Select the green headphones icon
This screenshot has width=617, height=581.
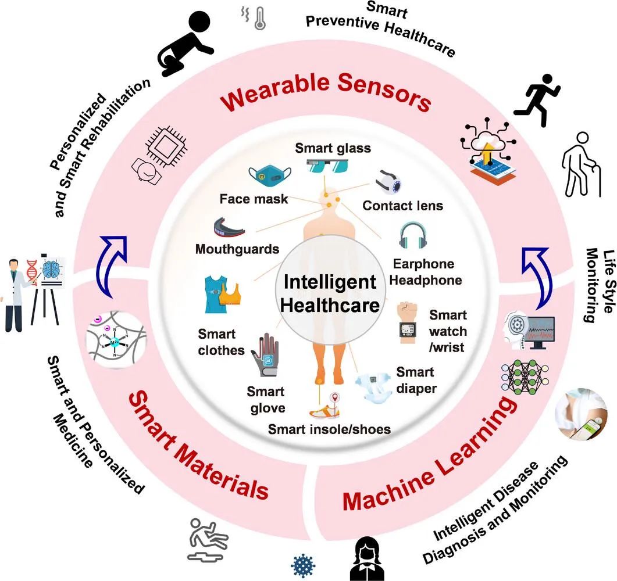[x=413, y=235]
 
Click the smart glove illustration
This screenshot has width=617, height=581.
[x=265, y=354]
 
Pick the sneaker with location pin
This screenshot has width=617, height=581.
[x=324, y=407]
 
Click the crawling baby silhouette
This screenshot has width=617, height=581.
[x=185, y=43]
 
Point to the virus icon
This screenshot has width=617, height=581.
[x=303, y=566]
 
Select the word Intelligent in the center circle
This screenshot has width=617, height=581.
[x=330, y=282]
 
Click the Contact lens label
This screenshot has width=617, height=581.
[x=402, y=206]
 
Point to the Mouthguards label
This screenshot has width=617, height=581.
[x=237, y=249]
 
